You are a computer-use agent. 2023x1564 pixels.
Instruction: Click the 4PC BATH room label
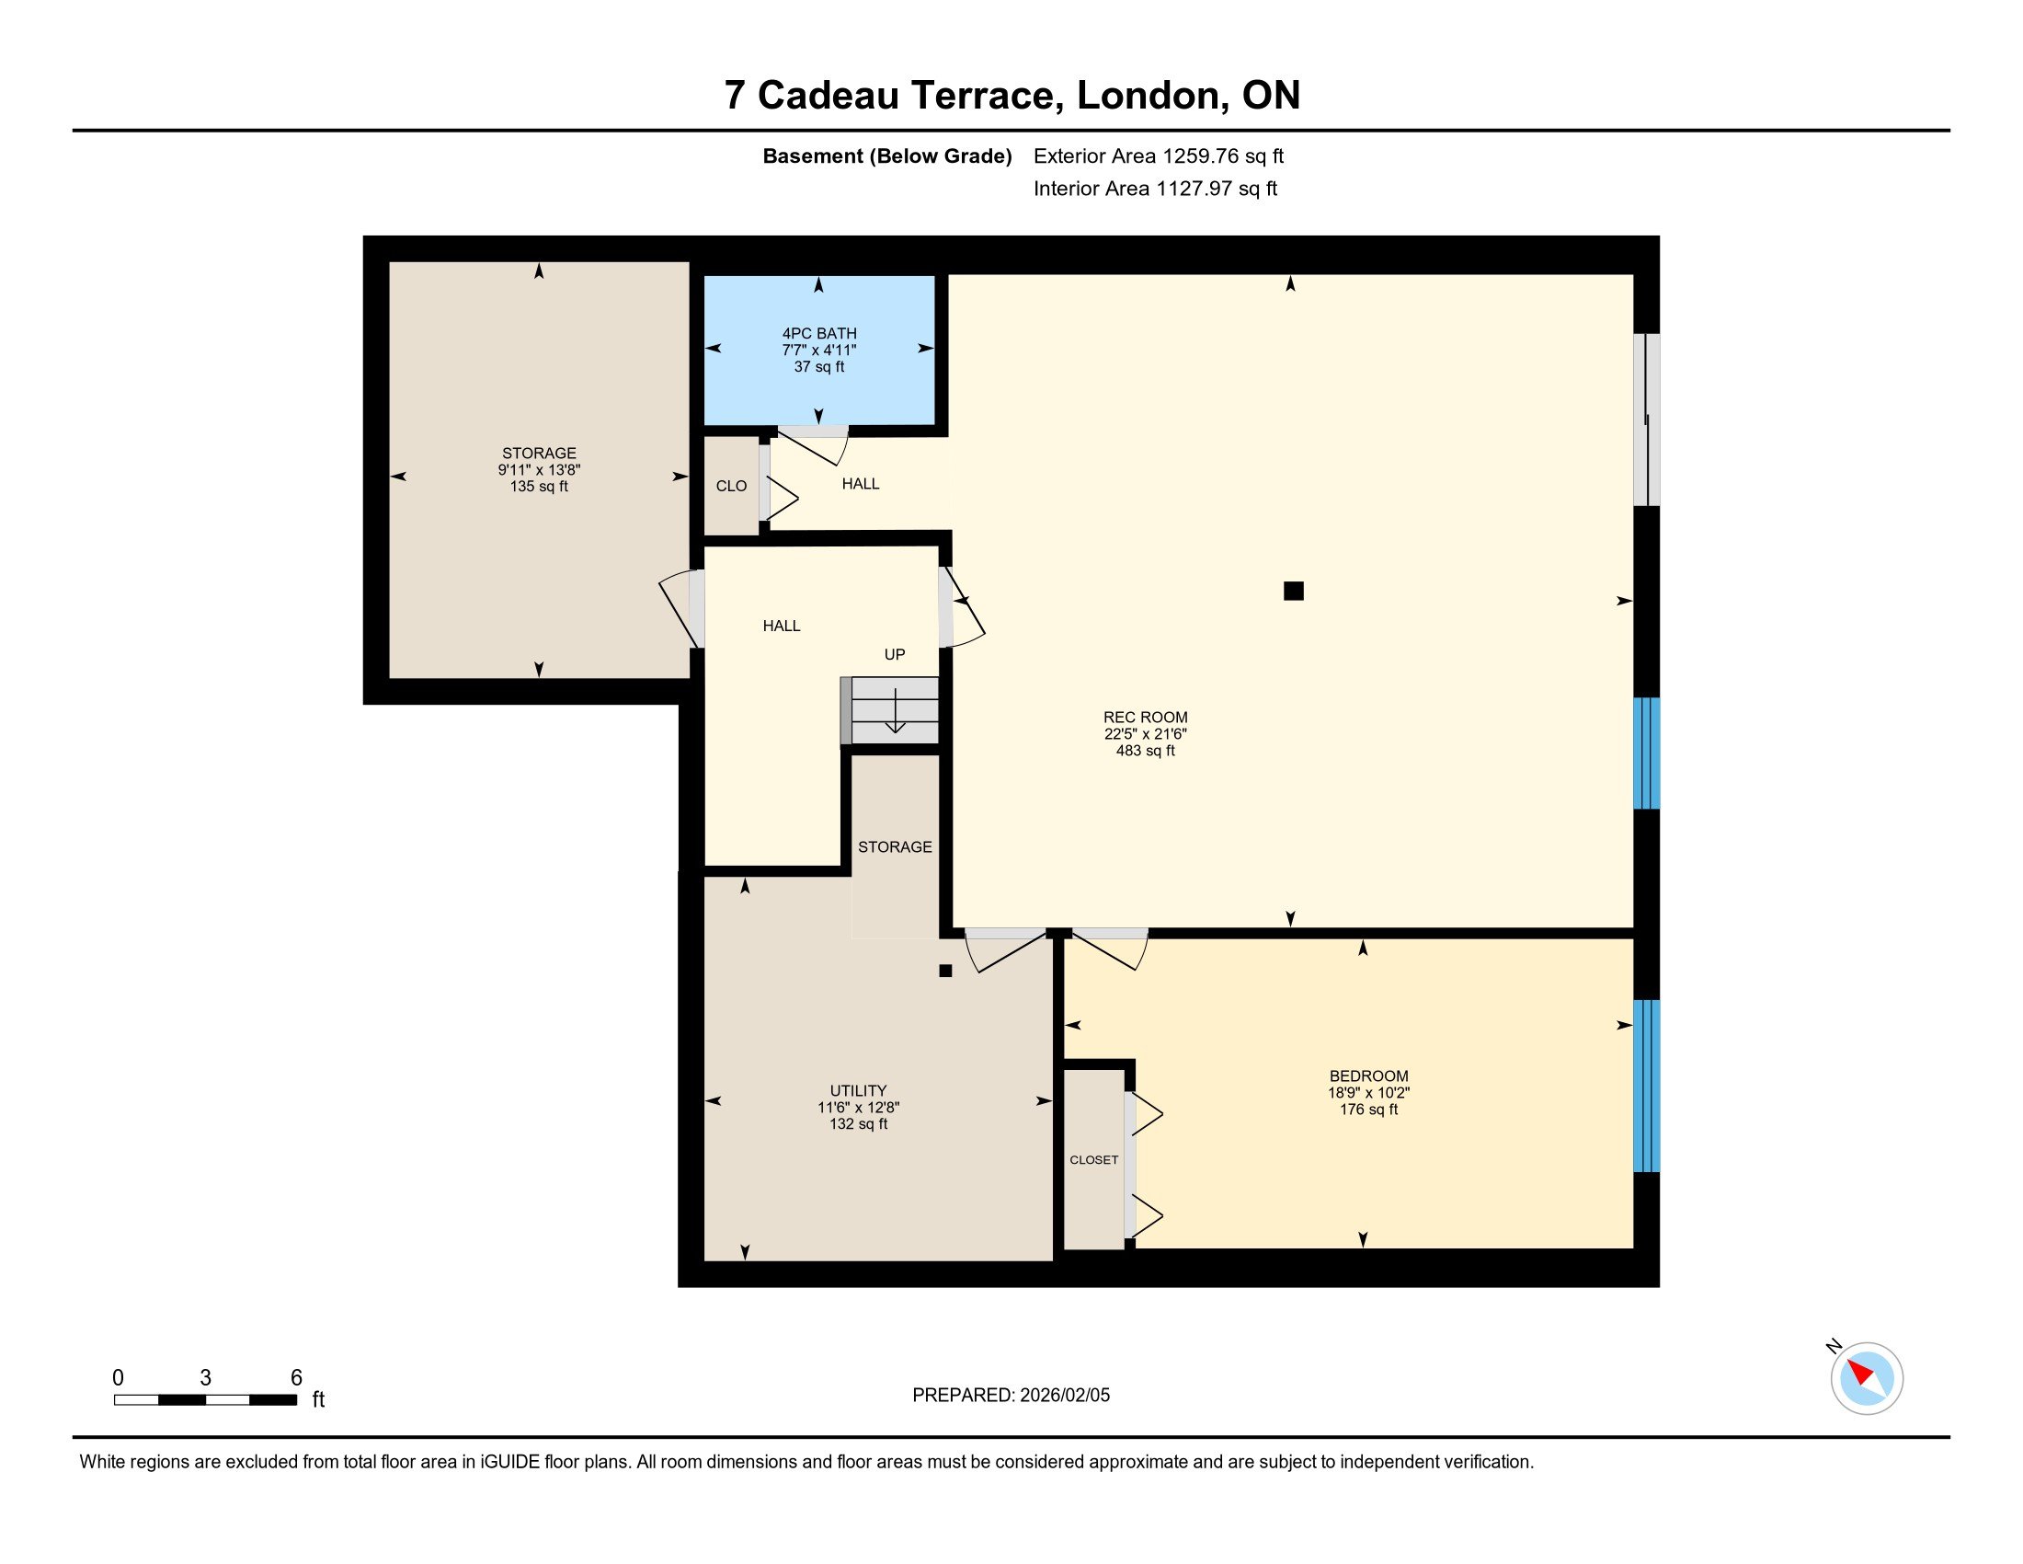(818, 334)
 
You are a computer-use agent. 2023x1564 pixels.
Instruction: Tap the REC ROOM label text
(1145, 718)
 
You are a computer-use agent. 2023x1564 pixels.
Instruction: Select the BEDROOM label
(1368, 1075)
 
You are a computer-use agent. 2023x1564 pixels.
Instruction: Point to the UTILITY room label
(858, 1090)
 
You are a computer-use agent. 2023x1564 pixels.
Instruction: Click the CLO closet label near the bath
(731, 486)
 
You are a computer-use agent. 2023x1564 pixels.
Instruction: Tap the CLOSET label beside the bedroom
(1094, 1160)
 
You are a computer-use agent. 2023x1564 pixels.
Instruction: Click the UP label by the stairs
(894, 654)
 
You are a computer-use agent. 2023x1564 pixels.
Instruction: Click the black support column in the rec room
(1293, 591)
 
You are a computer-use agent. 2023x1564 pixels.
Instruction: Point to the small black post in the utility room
(944, 971)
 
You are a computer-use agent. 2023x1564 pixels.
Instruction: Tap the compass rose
(1867, 1378)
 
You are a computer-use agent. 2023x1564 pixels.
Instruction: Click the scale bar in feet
(206, 1399)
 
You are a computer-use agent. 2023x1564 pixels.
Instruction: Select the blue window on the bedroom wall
(1646, 1086)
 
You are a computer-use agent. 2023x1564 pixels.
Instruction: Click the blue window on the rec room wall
(1646, 753)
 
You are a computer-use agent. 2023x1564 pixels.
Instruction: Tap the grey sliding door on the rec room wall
(1646, 420)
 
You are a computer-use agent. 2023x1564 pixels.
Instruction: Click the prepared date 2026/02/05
(1064, 1396)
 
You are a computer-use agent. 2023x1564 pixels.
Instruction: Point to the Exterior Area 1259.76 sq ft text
(1158, 156)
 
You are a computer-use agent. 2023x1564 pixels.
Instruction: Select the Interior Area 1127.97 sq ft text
(1155, 189)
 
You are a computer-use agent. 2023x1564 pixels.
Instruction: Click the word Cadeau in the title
(829, 96)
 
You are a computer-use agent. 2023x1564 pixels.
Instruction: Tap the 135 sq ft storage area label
(539, 487)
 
